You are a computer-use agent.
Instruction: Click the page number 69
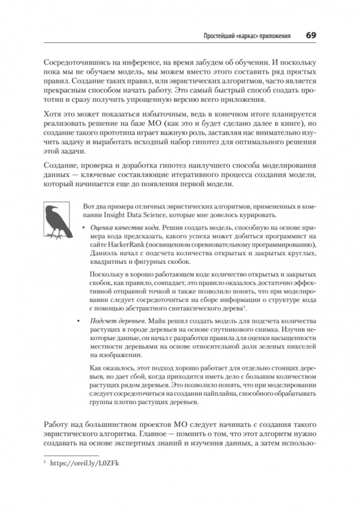coord(311,36)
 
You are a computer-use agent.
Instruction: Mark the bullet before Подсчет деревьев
coord(79,321)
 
